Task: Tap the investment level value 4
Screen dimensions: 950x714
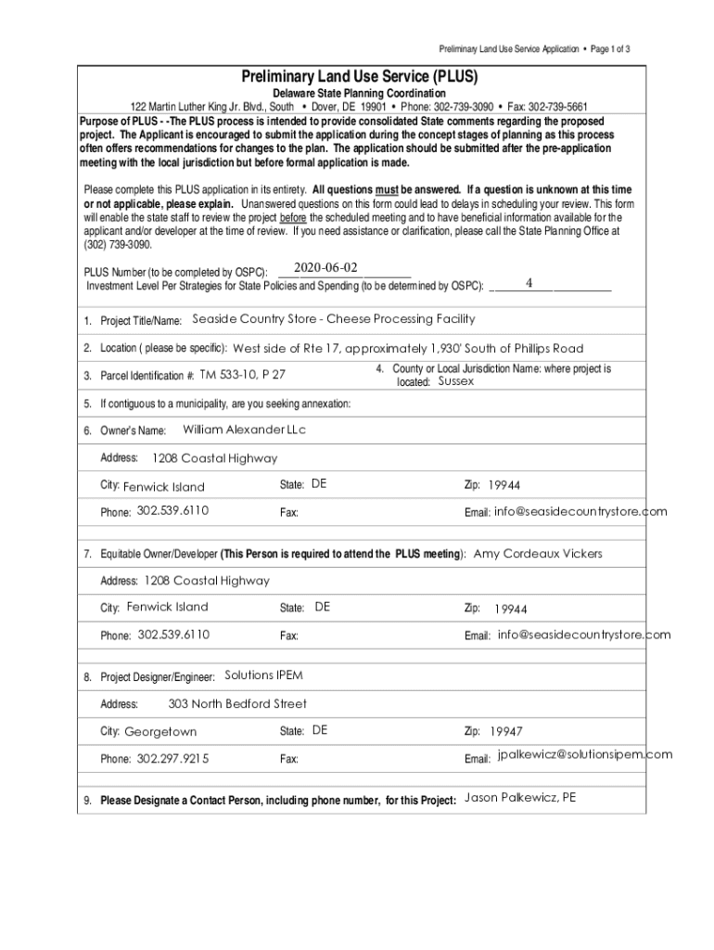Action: pos(529,282)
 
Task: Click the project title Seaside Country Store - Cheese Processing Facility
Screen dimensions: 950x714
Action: pos(333,319)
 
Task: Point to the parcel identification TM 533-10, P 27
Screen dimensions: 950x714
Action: pos(243,375)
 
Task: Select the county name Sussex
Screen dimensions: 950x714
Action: pos(456,381)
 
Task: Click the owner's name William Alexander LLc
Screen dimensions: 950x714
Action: pos(244,430)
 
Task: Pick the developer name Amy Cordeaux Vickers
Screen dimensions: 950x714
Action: pos(538,554)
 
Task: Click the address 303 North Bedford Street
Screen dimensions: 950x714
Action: pos(237,704)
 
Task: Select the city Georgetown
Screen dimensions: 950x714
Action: pos(160,731)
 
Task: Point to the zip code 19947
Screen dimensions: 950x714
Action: pos(506,731)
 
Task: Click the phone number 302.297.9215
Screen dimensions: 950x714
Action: pos(172,759)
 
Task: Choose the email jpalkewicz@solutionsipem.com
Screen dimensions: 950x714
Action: pos(584,754)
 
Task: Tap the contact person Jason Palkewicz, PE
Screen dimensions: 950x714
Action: pos(520,798)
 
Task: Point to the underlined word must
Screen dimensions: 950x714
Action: pos(386,190)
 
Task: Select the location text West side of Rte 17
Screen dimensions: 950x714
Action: pos(287,349)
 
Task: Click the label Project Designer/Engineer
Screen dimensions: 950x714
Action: pos(158,676)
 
